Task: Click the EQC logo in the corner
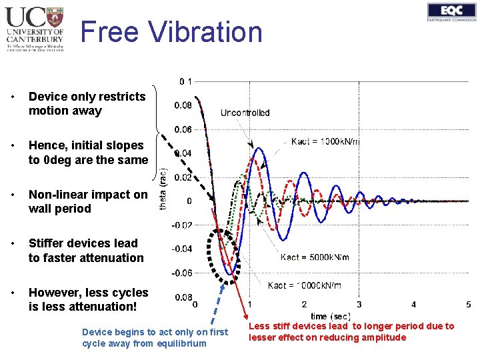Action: [452, 13]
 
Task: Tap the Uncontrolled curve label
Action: [245, 113]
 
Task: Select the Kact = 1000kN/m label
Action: [325, 141]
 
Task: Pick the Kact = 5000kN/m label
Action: [315, 257]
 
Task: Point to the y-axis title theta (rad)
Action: [164, 190]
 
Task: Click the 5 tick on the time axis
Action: [468, 305]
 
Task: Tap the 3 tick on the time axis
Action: [359, 305]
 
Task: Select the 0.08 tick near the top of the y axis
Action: [183, 105]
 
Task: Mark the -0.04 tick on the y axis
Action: [183, 249]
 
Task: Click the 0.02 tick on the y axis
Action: [183, 177]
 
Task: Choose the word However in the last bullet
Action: [55, 293]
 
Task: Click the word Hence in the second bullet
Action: [47, 145]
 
